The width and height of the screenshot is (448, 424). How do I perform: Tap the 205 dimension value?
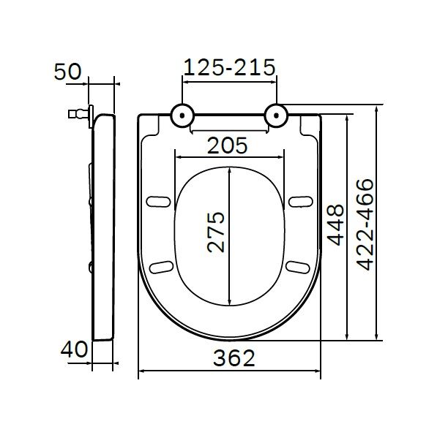(x=228, y=145)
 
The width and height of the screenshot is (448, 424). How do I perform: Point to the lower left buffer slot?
(x=160, y=266)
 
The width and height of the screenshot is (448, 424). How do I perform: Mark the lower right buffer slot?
(x=297, y=266)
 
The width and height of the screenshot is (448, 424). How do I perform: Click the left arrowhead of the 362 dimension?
(x=142, y=373)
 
